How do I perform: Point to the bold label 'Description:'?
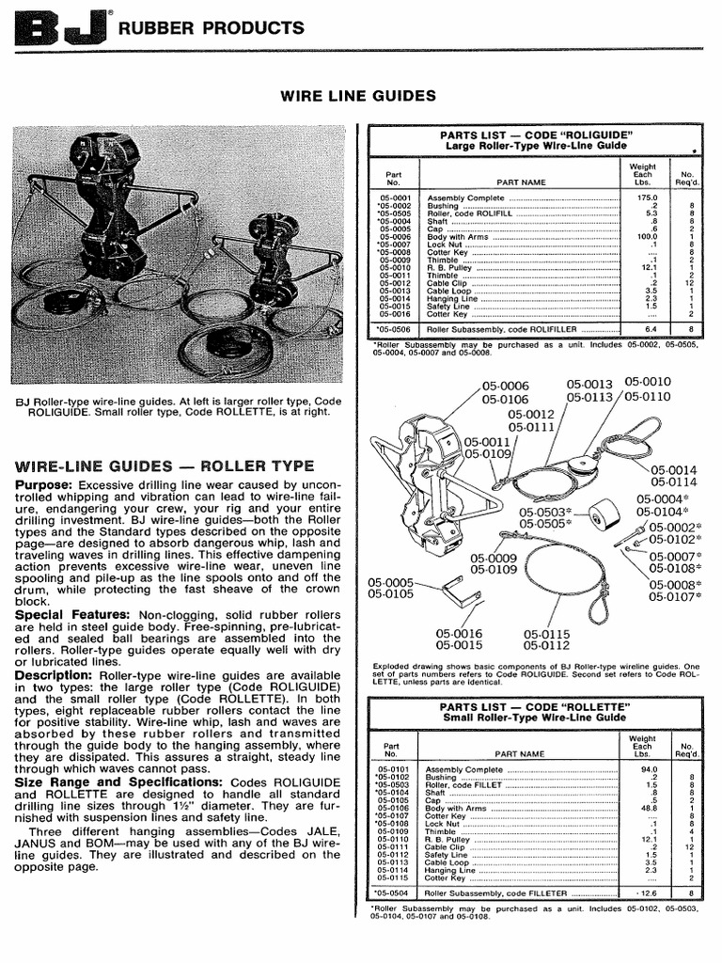point(55,675)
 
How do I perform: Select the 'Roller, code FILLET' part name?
point(464,783)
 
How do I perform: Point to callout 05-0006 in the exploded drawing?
point(506,386)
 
